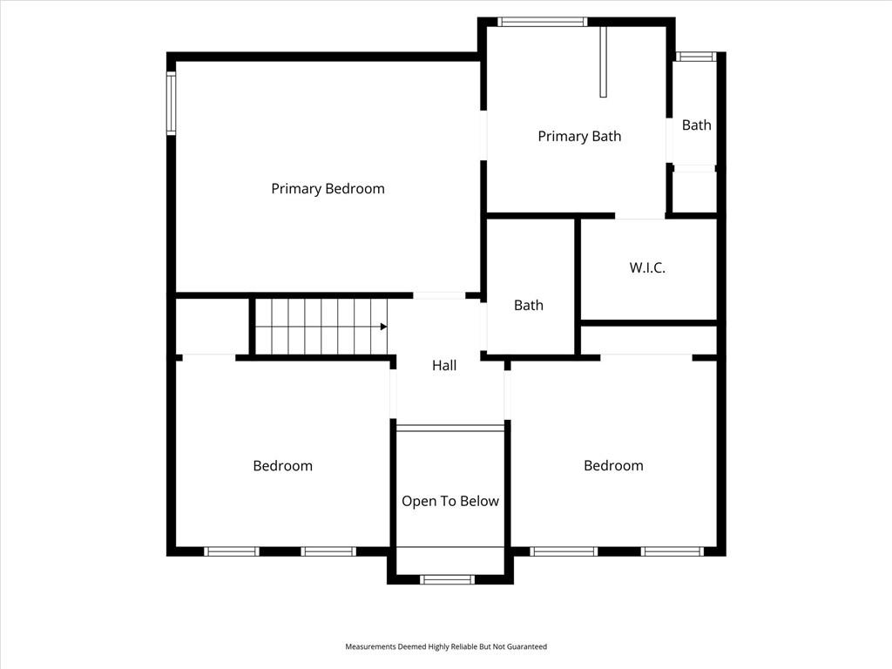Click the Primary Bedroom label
pyautogui.click(x=328, y=189)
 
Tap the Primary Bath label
pyautogui.click(x=579, y=136)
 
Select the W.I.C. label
pyautogui.click(x=647, y=267)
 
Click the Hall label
pyautogui.click(x=444, y=365)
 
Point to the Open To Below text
pyautogui.click(x=450, y=501)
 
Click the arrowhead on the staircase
pyautogui.click(x=384, y=327)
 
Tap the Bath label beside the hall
pyautogui.click(x=529, y=306)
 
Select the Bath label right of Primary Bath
pyautogui.click(x=696, y=125)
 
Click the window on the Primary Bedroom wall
pyautogui.click(x=171, y=103)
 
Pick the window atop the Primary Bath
pyautogui.click(x=542, y=22)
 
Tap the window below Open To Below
pyautogui.click(x=447, y=579)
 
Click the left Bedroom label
pyautogui.click(x=283, y=466)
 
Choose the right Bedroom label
pyautogui.click(x=613, y=465)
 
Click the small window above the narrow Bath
pyautogui.click(x=695, y=57)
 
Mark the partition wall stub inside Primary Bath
pyautogui.click(x=603, y=62)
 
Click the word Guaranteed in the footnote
pyautogui.click(x=527, y=646)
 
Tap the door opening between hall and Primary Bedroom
pyautogui.click(x=439, y=295)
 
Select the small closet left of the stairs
pyautogui.click(x=212, y=326)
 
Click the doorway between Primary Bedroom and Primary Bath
pyautogui.click(x=483, y=135)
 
